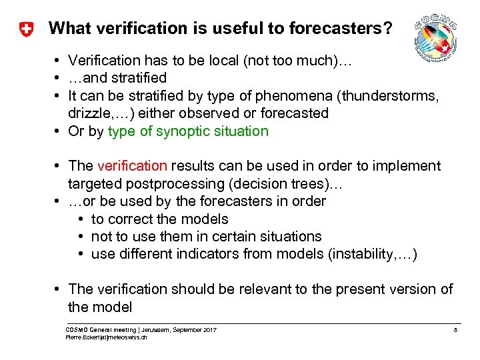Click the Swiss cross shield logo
(x=26, y=29)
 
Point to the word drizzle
(x=91, y=113)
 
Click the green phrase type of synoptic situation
(x=188, y=131)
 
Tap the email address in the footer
(x=106, y=337)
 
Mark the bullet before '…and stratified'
(x=59, y=79)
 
